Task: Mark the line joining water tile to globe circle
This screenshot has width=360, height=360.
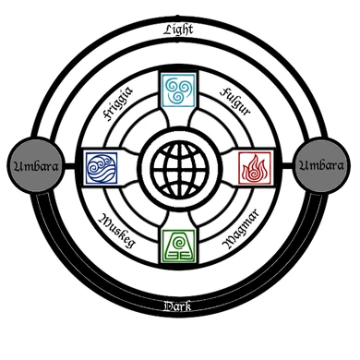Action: [130, 167]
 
